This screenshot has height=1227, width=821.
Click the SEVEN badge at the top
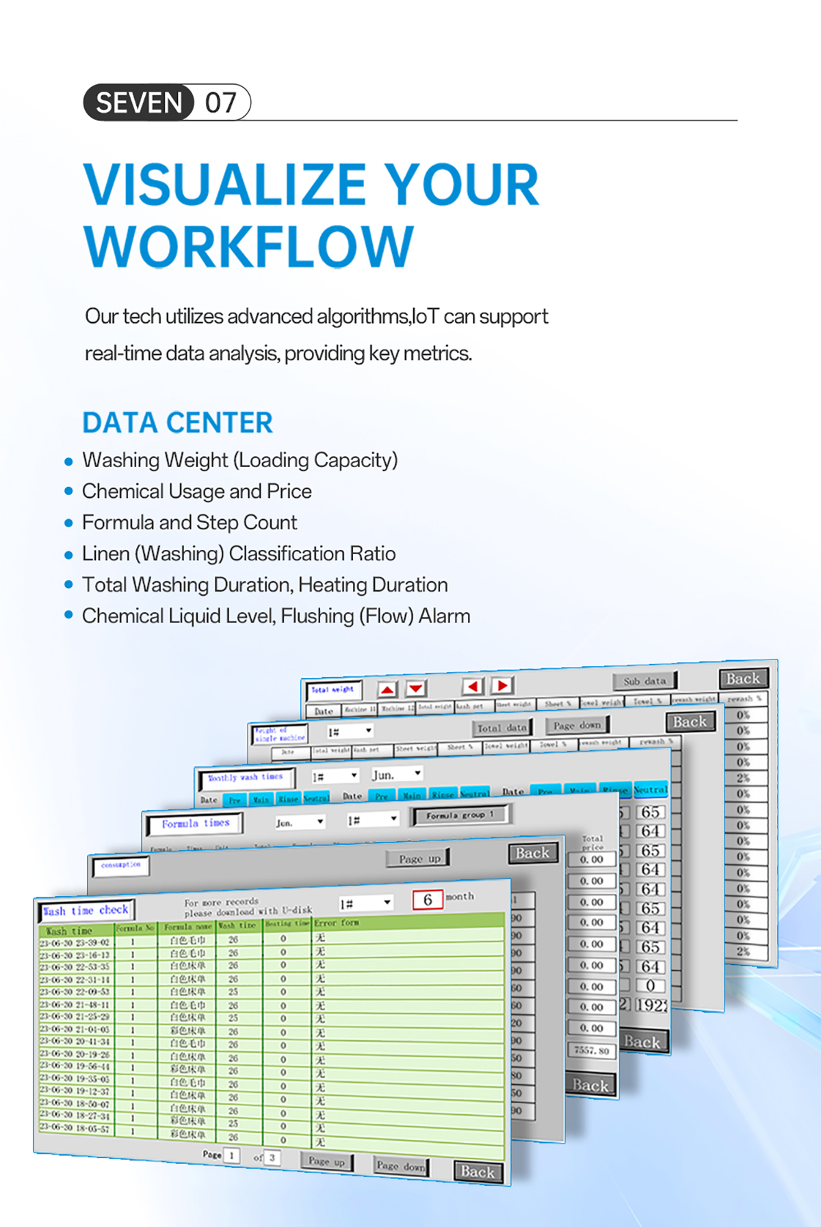(139, 103)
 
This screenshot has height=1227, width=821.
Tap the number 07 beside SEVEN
(221, 103)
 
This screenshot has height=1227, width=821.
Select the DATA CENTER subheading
(177, 423)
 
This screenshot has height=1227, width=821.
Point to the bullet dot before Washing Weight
(68, 462)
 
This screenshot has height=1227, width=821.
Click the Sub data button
(644, 681)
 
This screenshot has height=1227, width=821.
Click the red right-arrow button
(503, 685)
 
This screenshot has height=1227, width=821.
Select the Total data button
(502, 728)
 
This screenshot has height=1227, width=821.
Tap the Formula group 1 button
(460, 815)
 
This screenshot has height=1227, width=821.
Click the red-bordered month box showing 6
(428, 899)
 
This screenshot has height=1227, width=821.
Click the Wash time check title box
(86, 910)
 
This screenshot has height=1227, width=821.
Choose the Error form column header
(337, 923)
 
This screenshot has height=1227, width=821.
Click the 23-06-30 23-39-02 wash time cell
(75, 942)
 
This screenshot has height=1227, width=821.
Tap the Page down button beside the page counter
(400, 1165)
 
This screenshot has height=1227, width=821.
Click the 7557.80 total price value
(592, 1051)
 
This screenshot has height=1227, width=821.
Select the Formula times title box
(196, 823)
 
